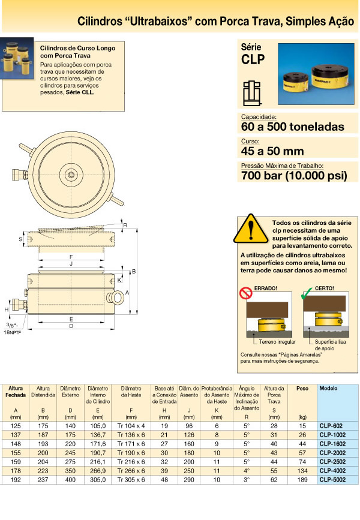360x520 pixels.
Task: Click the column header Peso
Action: pyautogui.click(x=302, y=389)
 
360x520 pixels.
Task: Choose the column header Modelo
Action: pyautogui.click(x=328, y=389)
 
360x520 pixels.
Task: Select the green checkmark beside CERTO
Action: pyautogui.click(x=307, y=293)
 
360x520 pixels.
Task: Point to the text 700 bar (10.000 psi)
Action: pyautogui.click(x=293, y=176)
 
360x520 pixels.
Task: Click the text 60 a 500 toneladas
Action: pyautogui.click(x=292, y=127)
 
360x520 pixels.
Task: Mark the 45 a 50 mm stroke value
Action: pyautogui.click(x=272, y=151)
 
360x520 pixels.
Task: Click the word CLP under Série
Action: pyautogui.click(x=253, y=59)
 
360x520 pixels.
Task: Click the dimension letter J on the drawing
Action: pyautogui.click(x=71, y=263)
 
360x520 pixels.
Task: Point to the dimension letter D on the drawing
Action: pyautogui.click(x=71, y=326)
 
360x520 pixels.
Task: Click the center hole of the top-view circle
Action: pyautogui.click(x=71, y=175)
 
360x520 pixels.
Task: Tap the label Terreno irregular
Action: pyautogui.click(x=277, y=341)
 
